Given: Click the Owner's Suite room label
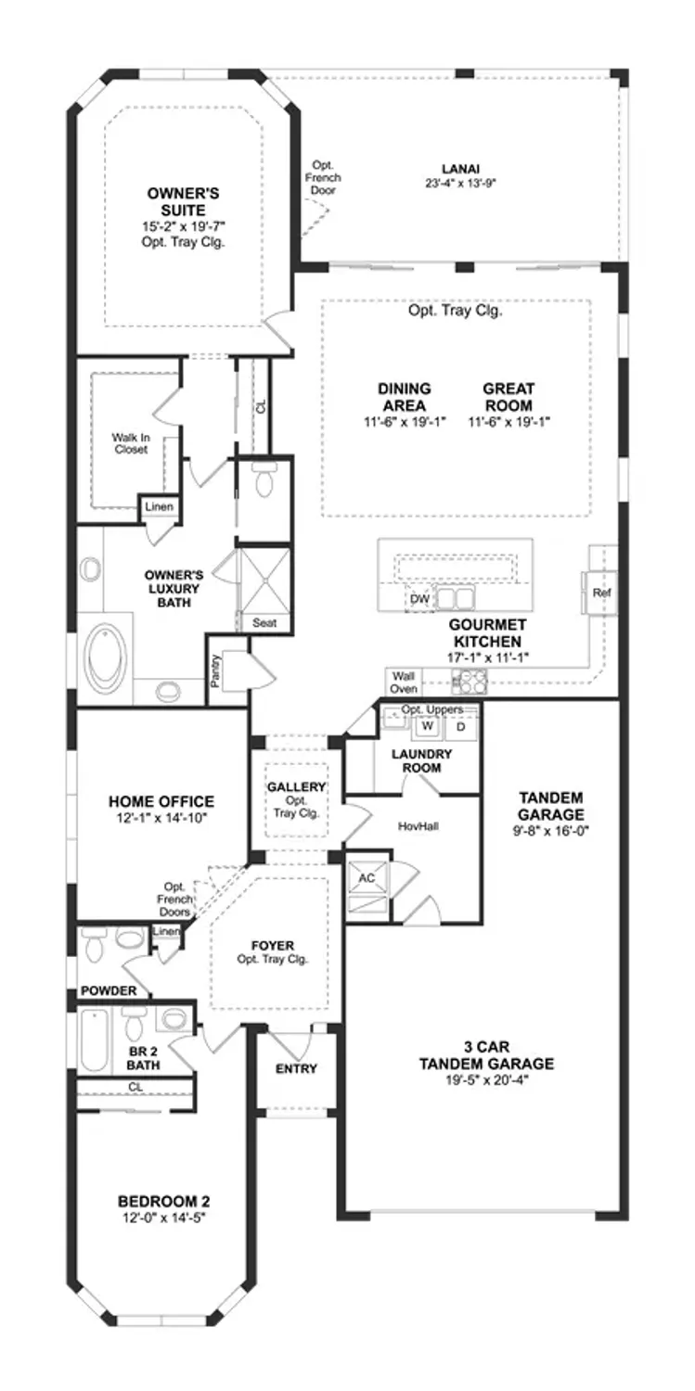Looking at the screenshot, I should point(183,201).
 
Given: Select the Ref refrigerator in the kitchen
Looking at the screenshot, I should point(598,593).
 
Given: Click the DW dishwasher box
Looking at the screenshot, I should point(419,599).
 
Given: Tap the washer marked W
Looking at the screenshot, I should point(428,726).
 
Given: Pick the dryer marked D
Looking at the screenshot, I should point(459,726).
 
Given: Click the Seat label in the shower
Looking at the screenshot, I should point(264,623).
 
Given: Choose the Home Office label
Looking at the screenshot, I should point(161,801).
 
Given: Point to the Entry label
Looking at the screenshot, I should point(296,1068).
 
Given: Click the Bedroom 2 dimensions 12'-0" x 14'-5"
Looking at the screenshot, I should point(163,1217).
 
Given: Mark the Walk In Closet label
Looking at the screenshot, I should point(131,443).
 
